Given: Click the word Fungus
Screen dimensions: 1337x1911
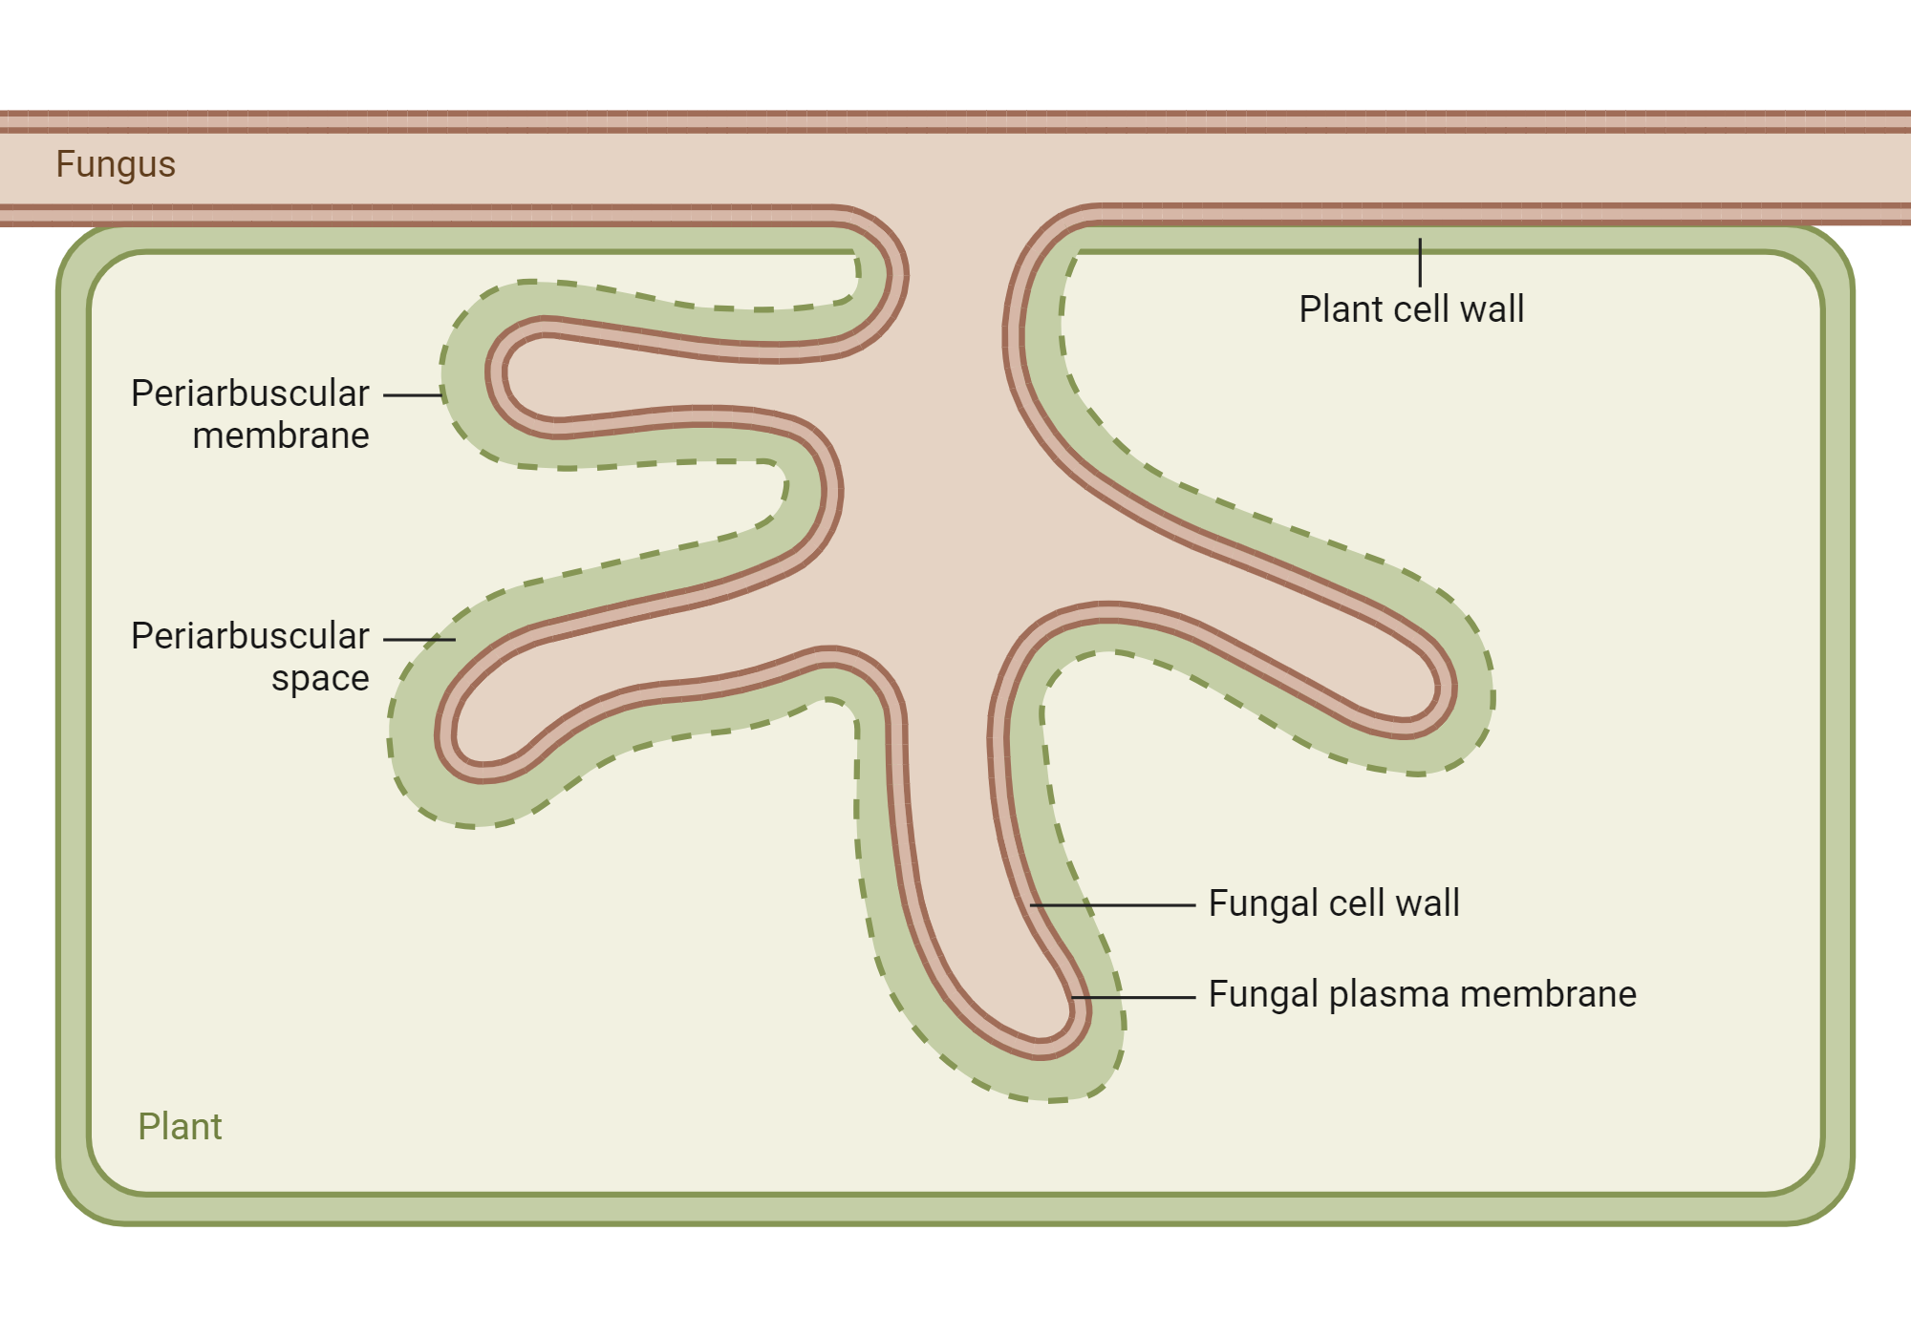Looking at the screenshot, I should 116,164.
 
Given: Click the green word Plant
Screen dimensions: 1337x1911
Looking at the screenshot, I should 180,1127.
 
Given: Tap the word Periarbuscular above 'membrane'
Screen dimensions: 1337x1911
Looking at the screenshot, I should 249,393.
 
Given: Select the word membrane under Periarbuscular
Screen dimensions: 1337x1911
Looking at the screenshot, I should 281,435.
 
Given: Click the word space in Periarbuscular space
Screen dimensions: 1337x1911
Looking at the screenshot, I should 320,678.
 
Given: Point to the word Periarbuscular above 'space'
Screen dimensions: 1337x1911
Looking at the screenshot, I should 249,636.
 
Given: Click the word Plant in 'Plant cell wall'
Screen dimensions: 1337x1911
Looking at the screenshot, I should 1342,309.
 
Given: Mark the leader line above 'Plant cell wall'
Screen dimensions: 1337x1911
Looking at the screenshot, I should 1420,262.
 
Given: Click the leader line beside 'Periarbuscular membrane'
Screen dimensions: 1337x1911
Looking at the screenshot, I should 413,394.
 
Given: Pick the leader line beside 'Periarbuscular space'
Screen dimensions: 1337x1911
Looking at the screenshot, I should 419,639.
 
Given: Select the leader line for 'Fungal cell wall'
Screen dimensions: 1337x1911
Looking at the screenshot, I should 1112,904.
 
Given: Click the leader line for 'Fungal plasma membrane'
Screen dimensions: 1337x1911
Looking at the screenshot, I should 1133,997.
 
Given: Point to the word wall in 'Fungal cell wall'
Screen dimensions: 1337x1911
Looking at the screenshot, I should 1428,903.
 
